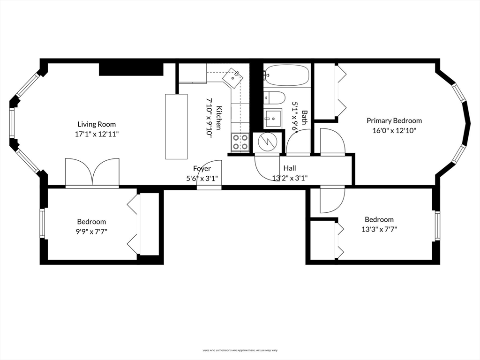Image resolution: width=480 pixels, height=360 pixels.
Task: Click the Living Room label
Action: [x=97, y=124]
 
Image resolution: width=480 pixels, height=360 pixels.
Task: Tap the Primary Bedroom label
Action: [x=394, y=120]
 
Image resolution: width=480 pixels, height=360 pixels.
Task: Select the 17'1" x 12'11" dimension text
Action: [x=97, y=134]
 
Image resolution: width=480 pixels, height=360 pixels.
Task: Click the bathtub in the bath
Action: [x=286, y=75]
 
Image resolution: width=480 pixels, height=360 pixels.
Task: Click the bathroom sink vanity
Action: [x=272, y=118]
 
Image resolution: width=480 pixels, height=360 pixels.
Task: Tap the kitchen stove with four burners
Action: [x=240, y=142]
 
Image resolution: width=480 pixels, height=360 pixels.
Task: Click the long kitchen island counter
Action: [x=176, y=126]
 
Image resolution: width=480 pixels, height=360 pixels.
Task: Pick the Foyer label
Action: [x=202, y=168]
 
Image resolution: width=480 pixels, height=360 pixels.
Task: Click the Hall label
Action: [x=290, y=168]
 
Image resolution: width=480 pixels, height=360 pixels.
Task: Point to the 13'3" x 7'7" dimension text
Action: [x=379, y=229]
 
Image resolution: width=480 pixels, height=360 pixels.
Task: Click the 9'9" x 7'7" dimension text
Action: [x=91, y=231]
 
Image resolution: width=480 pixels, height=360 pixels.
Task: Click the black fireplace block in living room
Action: [x=130, y=69]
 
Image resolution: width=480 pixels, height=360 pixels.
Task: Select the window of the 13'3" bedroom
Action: [x=437, y=225]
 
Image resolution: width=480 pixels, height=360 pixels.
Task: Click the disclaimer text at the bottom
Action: [x=240, y=350]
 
